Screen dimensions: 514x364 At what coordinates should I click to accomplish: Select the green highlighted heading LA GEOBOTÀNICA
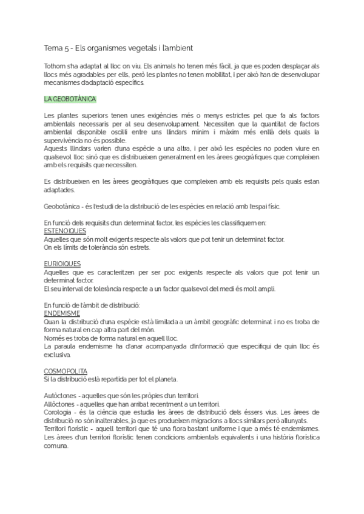pyautogui.click(x=70, y=98)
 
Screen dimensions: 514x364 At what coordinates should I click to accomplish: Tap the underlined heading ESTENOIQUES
pyautogui.click(x=65, y=231)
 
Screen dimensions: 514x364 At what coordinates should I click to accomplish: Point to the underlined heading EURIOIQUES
pyautogui.click(x=62, y=264)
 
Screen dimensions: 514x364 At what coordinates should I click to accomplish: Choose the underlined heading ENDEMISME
pyautogui.click(x=62, y=313)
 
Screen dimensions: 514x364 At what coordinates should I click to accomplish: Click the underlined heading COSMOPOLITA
pyautogui.click(x=66, y=370)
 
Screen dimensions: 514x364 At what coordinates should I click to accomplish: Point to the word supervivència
pyautogui.click(x=67, y=140)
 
